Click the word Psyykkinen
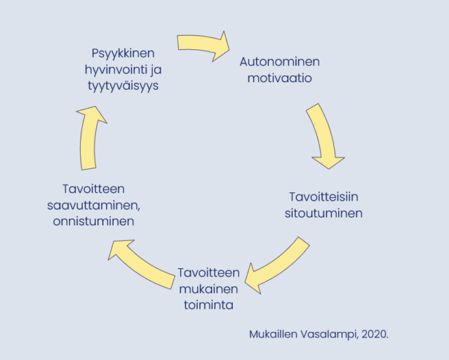coord(123,54)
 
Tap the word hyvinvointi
coord(116,70)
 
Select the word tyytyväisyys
coord(123,86)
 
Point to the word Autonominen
coord(279,62)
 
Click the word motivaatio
coord(279,78)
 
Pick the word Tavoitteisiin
coord(323,197)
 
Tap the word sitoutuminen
coord(323,213)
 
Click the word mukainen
coord(208,289)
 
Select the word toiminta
coord(208,305)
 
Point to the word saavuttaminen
coord(93,206)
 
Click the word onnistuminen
coord(93,221)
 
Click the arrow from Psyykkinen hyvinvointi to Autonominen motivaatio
coord(203,45)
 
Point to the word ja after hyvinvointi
coord(156,70)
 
